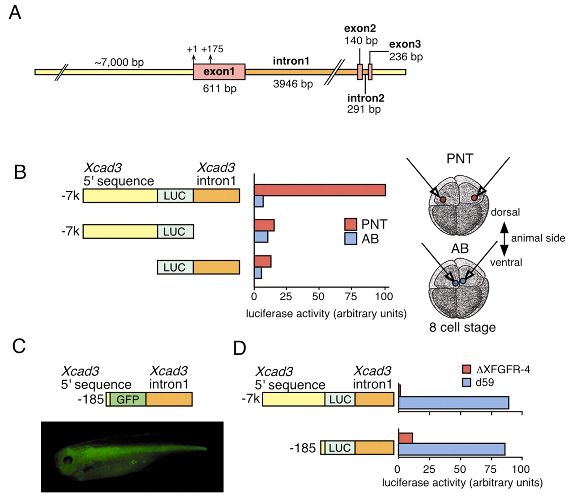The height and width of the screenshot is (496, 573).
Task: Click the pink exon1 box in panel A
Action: (219, 71)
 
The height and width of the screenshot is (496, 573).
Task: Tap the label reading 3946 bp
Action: (293, 84)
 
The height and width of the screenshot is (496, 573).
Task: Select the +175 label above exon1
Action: (212, 49)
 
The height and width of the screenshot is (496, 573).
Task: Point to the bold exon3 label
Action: (405, 44)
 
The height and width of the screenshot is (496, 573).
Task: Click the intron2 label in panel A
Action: (366, 98)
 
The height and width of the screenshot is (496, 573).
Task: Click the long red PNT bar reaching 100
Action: (320, 190)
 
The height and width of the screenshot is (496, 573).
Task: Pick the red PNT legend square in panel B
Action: (351, 224)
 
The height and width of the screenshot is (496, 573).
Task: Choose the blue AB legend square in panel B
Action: (351, 239)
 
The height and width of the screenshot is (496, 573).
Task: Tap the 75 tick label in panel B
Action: (351, 296)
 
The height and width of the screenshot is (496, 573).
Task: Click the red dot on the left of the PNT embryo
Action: (442, 199)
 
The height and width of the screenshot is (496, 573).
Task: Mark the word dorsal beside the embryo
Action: (505, 212)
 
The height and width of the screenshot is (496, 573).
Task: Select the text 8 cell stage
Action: (462, 328)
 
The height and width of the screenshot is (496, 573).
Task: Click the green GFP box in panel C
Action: (128, 399)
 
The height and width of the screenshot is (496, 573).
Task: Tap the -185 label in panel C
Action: (91, 399)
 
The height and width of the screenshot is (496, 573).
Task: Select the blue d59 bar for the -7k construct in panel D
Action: (453, 402)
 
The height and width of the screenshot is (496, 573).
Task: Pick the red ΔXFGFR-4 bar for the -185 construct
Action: (405, 438)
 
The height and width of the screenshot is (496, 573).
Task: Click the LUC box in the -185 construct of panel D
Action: (340, 448)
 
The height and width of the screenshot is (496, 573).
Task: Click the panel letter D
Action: (240, 348)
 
